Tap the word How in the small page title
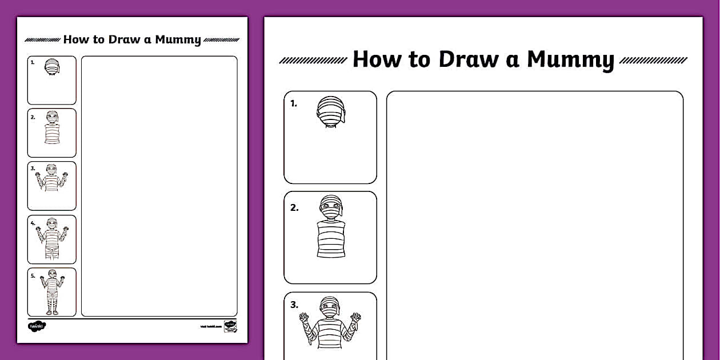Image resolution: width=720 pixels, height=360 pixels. pos(74,39)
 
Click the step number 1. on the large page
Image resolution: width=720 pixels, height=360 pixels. pos(294,103)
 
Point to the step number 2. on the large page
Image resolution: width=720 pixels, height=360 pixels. pos(294,207)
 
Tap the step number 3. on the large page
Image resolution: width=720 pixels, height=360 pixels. pos(294,305)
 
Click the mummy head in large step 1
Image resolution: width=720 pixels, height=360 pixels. pos(331,110)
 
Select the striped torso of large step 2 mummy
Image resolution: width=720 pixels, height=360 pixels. pos(331,238)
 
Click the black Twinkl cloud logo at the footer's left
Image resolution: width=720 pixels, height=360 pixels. pos(37,326)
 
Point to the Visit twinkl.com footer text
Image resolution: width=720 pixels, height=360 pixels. pos(210,326)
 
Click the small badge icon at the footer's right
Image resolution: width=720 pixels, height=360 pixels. pos(230,326)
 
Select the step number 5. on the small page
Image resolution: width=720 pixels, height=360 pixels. pos(33,275)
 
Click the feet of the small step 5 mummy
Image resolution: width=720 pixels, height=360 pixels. pos(52,311)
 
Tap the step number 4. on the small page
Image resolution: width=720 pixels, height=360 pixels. pos(33,222)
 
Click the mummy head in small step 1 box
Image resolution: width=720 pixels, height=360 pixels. pos(52,66)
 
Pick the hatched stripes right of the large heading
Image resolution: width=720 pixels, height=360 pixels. pos(653,60)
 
